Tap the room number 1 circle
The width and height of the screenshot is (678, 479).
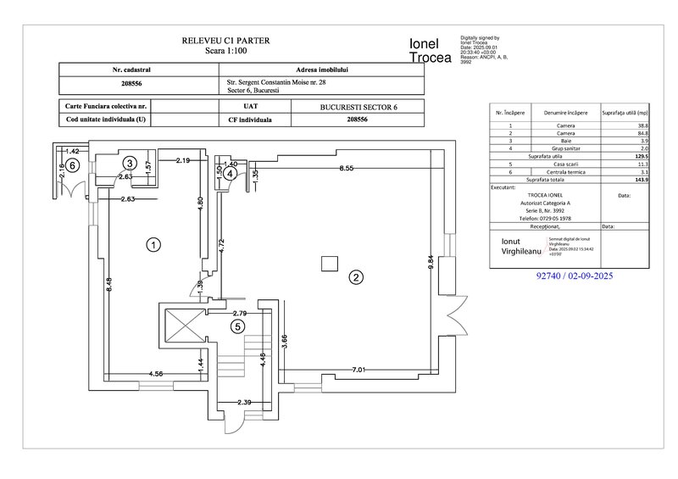click(x=153, y=245)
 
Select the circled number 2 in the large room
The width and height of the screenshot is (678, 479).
click(x=356, y=276)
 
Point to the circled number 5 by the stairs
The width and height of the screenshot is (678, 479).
click(x=238, y=325)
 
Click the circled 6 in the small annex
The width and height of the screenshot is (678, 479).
click(x=73, y=165)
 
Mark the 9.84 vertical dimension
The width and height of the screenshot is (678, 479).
click(x=431, y=262)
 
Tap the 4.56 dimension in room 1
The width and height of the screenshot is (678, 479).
click(x=156, y=373)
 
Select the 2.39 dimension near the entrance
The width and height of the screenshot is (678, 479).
click(x=244, y=402)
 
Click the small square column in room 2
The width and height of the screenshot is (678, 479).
click(x=327, y=265)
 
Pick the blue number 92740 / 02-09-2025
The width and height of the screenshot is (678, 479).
click(x=575, y=276)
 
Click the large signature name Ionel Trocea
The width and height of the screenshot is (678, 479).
click(x=430, y=50)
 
